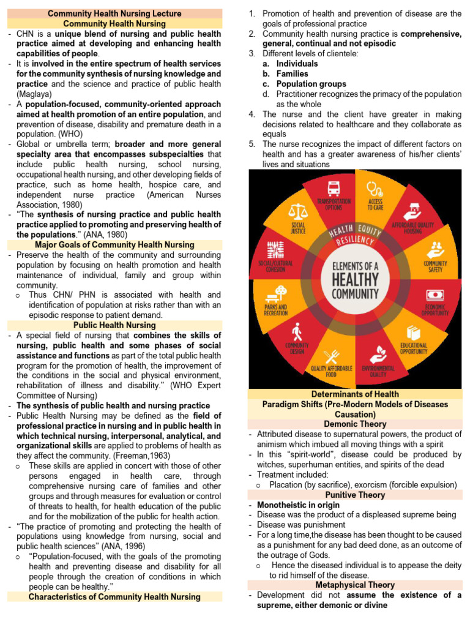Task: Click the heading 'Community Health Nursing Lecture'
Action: coord(114,13)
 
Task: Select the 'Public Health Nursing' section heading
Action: coord(114,325)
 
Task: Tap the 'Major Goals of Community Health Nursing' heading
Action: coord(114,245)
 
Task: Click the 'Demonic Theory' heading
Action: coord(356,424)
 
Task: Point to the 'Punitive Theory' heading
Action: coord(356,495)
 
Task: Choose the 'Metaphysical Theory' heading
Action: coord(356,585)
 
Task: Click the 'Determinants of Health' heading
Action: coord(356,394)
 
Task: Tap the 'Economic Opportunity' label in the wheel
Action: coord(435,310)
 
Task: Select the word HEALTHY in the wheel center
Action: coord(355,280)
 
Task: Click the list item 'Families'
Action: coord(293,73)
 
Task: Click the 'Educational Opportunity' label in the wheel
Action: coord(414,348)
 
